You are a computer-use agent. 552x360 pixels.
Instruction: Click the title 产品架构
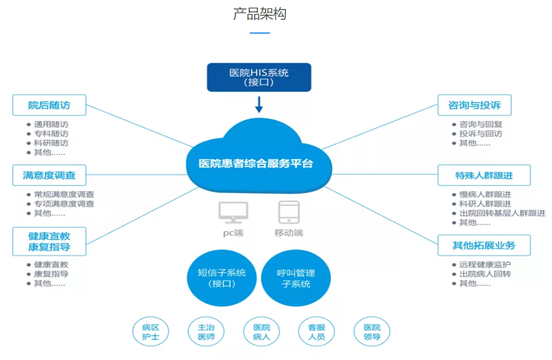pos(260,14)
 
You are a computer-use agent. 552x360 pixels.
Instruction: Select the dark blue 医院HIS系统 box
pos(259,77)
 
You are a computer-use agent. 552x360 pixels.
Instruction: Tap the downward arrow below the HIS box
pos(259,104)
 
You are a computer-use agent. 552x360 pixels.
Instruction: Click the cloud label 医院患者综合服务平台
pos(256,163)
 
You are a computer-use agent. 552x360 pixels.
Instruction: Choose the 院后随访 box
pos(50,105)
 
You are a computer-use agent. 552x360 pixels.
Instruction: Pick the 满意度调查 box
pos(50,175)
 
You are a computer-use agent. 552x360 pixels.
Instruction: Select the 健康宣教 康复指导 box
pos(50,241)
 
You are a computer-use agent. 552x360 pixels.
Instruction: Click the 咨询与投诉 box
pos(475,105)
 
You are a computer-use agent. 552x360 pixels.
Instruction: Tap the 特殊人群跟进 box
pos(484,175)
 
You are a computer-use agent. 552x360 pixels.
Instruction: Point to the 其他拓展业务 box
pos(484,245)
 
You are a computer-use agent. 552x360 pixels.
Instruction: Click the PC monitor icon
pos(234,212)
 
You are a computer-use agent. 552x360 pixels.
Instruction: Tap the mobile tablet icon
pos(289,212)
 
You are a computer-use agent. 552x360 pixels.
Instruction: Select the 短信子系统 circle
pos(222,278)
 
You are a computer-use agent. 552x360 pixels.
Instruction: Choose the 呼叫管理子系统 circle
pos(296,278)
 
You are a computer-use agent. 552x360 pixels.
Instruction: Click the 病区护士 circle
pos(150,332)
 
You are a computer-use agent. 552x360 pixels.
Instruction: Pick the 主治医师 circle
pos(206,332)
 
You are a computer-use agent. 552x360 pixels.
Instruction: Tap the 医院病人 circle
pos(262,332)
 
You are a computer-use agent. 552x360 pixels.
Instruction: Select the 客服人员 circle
pos(317,332)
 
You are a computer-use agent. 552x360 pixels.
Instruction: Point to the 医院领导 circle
pos(372,332)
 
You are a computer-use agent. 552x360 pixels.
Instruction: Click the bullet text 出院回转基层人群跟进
pos(502,213)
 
